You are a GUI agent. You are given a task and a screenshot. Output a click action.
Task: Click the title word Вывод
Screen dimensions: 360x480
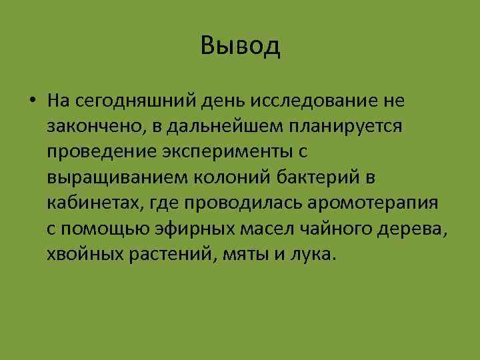pyautogui.click(x=240, y=46)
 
